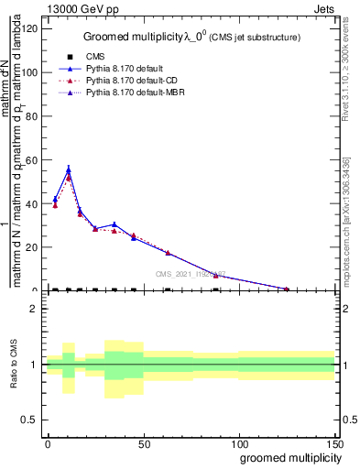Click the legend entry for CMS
(x=92, y=56)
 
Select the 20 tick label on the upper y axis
(x=32, y=246)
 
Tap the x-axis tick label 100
(x=238, y=443)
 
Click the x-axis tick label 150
(x=334, y=443)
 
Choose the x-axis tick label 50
(x=143, y=443)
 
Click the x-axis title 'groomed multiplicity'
(x=286, y=457)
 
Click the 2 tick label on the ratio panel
(x=34, y=309)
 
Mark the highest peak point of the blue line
(x=68, y=169)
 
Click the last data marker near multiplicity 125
(x=287, y=289)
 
